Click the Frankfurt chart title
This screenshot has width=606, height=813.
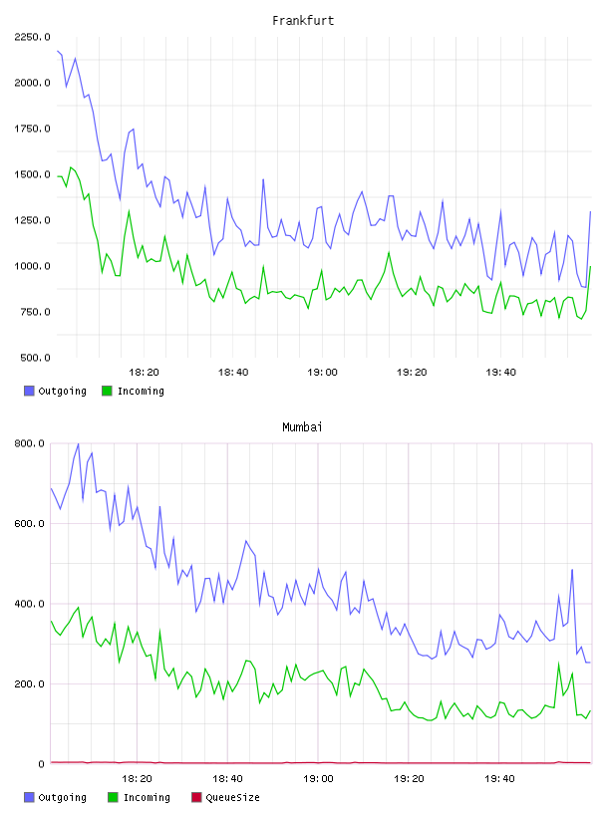pos(303,20)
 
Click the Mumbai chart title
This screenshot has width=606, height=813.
pos(302,426)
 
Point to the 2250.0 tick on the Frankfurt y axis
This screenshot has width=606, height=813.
pos(32,37)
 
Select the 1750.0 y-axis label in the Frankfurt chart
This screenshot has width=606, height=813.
pos(32,129)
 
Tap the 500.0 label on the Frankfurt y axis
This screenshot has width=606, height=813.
pos(35,358)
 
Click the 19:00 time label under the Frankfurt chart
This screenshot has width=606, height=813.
pos(322,372)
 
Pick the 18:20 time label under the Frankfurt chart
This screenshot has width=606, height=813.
pos(144,372)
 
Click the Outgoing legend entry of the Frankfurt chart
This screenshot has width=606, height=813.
pos(55,391)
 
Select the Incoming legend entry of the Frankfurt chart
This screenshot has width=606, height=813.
pos(134,391)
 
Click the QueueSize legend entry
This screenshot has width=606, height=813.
pos(225,797)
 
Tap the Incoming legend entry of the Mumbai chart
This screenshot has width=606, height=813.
pos(140,797)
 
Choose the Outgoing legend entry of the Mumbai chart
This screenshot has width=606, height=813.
pos(55,797)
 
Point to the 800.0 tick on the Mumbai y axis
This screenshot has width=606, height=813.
pos(29,443)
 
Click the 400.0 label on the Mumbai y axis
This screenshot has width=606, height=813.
pos(29,604)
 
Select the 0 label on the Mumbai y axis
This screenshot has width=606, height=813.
pos(42,764)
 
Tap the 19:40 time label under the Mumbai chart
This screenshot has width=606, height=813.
pos(499,778)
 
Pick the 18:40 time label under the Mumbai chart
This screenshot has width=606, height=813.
pos(227,778)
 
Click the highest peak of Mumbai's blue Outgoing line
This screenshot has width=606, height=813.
pos(79,443)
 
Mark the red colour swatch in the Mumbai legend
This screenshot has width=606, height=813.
pos(196,797)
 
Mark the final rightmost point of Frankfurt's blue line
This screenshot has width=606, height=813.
pos(590,211)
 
